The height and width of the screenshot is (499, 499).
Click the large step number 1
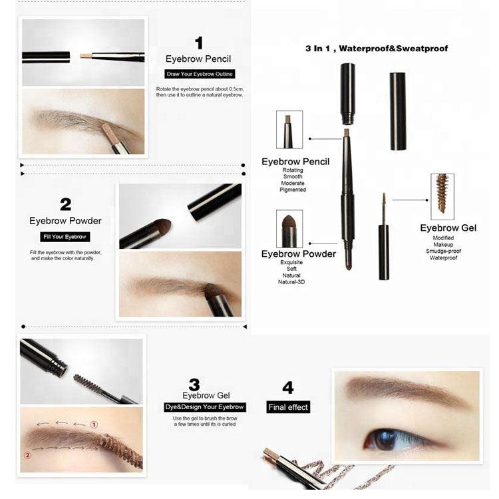(199, 43)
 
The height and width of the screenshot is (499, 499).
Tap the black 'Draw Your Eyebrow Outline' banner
(200, 74)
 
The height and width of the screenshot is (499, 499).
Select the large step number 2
(66, 205)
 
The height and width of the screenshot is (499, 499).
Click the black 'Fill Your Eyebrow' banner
(65, 237)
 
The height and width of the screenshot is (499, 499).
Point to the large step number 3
(194, 385)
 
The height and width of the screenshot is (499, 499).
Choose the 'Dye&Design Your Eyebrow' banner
(205, 407)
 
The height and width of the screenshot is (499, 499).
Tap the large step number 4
(288, 388)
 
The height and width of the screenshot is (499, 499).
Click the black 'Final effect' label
(288, 407)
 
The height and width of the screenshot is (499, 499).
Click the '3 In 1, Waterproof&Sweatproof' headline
(377, 49)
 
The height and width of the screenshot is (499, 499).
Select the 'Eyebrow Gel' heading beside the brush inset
(448, 228)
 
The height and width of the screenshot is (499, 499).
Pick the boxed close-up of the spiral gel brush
(442, 197)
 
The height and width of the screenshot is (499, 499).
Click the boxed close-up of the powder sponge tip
(289, 228)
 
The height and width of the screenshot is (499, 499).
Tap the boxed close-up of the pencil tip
(289, 130)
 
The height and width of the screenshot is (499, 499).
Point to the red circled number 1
(94, 424)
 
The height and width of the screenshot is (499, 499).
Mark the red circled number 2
(28, 455)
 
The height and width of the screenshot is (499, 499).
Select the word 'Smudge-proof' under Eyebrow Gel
(443, 251)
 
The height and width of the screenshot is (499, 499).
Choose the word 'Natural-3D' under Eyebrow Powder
(291, 282)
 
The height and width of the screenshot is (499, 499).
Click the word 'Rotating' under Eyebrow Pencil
(293, 170)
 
